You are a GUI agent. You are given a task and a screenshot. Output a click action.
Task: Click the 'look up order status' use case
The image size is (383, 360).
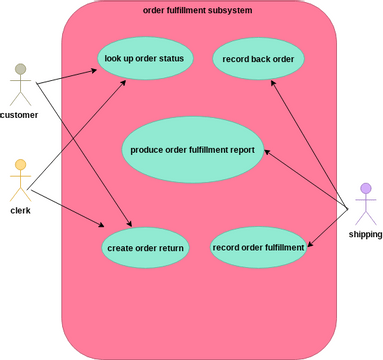pos(145,58)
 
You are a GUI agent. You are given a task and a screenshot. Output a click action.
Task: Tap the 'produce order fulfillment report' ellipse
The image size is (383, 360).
pos(193,150)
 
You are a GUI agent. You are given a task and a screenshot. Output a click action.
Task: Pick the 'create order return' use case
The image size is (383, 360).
pos(145,247)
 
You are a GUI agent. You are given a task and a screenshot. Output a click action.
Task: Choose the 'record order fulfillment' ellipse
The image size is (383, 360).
pos(258,247)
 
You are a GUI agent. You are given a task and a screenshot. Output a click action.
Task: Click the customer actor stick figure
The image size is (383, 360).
pos(19,84)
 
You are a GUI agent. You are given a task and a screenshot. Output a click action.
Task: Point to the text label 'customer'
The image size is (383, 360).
pos(19,115)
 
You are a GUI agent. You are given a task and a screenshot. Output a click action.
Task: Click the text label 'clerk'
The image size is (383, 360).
pos(20,211)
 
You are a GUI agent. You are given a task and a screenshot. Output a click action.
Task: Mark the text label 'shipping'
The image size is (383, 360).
pos(365,234)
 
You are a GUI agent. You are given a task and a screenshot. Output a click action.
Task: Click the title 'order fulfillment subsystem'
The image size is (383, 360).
pos(197,10)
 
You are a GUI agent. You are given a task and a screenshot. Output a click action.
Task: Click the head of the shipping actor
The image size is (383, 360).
pos(366,188)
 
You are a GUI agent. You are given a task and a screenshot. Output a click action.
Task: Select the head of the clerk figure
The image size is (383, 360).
pos(19,165)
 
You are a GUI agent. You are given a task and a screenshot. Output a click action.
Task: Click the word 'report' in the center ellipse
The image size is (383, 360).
pos(240,150)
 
